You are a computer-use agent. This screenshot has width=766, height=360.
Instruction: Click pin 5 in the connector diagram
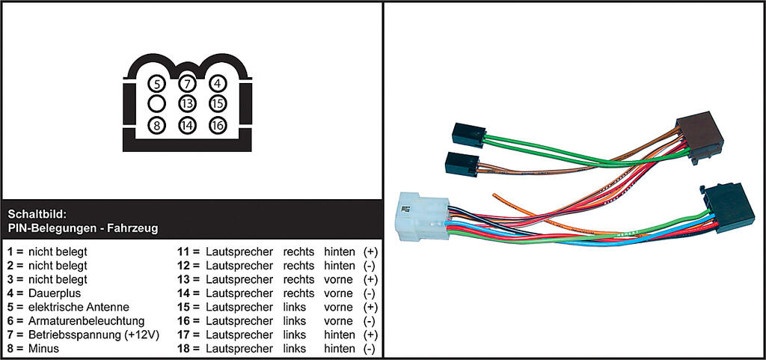[157, 84]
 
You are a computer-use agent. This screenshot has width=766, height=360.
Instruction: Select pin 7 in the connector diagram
[187, 84]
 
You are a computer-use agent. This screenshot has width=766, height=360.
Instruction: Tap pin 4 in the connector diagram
[218, 84]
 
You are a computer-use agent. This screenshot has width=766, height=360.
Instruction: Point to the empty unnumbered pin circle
[157, 104]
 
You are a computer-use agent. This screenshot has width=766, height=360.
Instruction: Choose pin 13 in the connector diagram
[187, 104]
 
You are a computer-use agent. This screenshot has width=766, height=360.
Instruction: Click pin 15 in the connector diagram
[218, 104]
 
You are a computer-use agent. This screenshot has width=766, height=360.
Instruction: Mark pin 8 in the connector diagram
[157, 126]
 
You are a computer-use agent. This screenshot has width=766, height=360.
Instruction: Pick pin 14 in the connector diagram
[187, 126]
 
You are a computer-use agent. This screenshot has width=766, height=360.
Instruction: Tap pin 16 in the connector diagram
[218, 126]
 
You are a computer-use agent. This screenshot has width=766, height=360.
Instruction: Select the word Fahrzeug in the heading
[135, 228]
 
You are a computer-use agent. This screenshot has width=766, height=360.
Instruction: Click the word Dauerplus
[55, 293]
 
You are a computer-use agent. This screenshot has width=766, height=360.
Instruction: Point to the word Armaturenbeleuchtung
[87, 321]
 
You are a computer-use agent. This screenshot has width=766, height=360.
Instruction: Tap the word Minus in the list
[43, 349]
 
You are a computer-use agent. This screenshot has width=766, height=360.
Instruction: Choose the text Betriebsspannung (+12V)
[94, 335]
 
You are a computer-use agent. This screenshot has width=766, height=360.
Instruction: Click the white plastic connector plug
[423, 216]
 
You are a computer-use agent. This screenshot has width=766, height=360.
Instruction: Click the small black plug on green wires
[469, 134]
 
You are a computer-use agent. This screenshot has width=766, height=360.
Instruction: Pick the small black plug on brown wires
[462, 164]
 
